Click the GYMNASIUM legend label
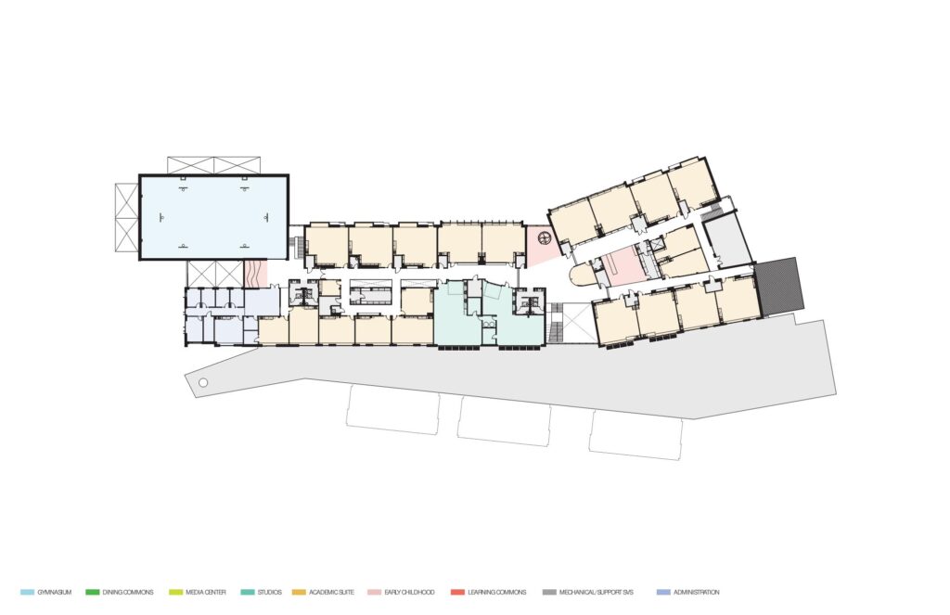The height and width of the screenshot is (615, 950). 55,592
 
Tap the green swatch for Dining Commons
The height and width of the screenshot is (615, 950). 92,592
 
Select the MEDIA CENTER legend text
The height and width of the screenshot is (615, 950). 206,592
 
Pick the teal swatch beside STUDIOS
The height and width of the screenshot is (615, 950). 247,592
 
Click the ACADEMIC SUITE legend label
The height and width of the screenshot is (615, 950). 331,592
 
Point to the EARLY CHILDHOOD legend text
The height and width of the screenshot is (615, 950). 409,592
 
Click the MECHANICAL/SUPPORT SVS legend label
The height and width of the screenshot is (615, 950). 597,592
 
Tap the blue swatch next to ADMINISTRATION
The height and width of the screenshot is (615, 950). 663,592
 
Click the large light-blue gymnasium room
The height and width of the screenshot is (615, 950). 214,217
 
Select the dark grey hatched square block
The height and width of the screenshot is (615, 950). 780,286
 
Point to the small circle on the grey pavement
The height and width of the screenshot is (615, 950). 203,382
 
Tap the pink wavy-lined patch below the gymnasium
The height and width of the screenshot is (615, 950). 255,274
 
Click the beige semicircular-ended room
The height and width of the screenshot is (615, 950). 583,275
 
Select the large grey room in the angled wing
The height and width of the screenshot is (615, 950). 730,241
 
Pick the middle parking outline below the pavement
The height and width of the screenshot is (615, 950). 505,421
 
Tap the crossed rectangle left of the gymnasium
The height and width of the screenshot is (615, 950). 126,217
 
